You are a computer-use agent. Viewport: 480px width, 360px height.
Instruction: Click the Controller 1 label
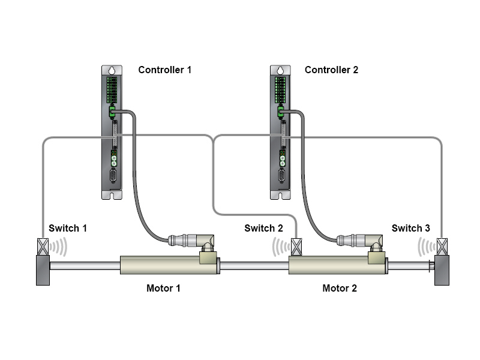point(164,70)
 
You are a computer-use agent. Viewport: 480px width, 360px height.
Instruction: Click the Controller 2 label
point(331,70)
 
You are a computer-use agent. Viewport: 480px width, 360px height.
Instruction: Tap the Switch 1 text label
point(68,228)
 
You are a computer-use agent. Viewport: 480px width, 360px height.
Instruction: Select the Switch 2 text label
point(263,228)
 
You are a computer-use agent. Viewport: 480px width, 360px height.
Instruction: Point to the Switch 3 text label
point(411,228)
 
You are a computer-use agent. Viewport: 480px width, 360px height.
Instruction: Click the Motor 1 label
point(163,288)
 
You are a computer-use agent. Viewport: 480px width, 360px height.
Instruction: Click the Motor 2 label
point(340,288)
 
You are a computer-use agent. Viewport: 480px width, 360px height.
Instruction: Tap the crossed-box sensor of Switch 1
point(43,247)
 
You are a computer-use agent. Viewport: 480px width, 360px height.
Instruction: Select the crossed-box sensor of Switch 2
point(296,247)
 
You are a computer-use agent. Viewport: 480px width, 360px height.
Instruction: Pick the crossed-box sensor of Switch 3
point(442,247)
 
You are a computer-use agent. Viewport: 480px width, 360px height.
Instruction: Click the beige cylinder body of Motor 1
point(169,265)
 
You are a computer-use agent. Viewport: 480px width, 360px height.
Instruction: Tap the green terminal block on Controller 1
point(112,89)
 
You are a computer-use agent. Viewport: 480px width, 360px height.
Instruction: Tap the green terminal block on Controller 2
point(280,89)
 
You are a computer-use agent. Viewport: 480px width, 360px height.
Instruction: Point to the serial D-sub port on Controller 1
point(113,176)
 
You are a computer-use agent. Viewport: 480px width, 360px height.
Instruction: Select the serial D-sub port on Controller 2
point(282,176)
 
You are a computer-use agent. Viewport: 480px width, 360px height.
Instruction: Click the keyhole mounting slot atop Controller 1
point(112,70)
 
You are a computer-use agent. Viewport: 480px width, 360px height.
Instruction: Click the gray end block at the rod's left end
point(43,271)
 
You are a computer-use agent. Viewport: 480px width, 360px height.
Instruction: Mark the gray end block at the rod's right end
point(442,271)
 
